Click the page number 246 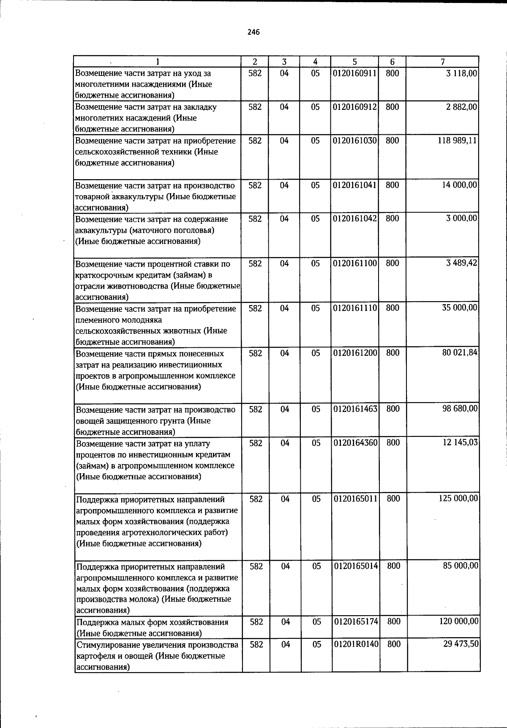(253, 32)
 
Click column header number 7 (442, 62)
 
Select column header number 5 (355, 62)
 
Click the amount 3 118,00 (462, 73)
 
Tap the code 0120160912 (355, 107)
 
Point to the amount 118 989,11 (458, 141)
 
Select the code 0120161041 (355, 185)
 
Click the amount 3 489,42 (462, 263)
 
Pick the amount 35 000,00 (460, 308)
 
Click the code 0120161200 (355, 353)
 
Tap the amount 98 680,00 (460, 409)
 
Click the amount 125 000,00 (459, 499)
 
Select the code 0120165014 (356, 566)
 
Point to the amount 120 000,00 (459, 621)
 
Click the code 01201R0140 (356, 644)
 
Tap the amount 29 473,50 (461, 644)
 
